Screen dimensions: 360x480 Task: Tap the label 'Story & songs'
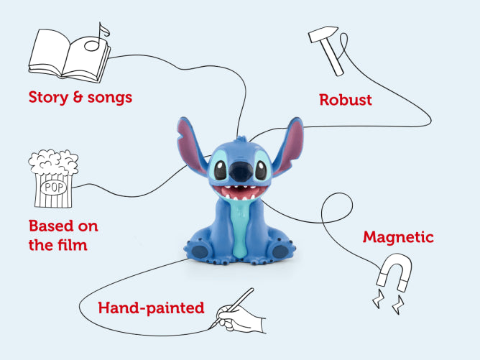(x=80, y=97)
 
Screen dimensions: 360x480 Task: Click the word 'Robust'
(x=346, y=100)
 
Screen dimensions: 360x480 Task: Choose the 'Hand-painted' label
(x=151, y=308)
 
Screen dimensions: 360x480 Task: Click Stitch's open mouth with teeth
(x=243, y=194)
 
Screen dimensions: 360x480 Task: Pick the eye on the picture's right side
(x=263, y=170)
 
